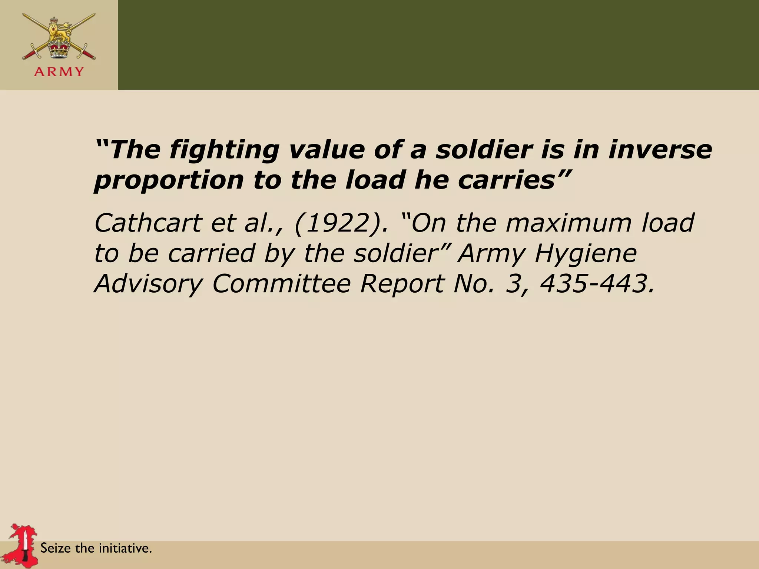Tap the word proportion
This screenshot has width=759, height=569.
pos(169,180)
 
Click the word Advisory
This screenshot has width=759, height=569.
pos(148,284)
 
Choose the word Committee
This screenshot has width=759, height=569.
pos(281,284)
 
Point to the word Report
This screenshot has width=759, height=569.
pos(402,284)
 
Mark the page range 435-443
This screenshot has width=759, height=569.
pos(596,284)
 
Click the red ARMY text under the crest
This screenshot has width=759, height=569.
pos(59,71)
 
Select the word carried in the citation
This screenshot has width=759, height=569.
pos(211,254)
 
